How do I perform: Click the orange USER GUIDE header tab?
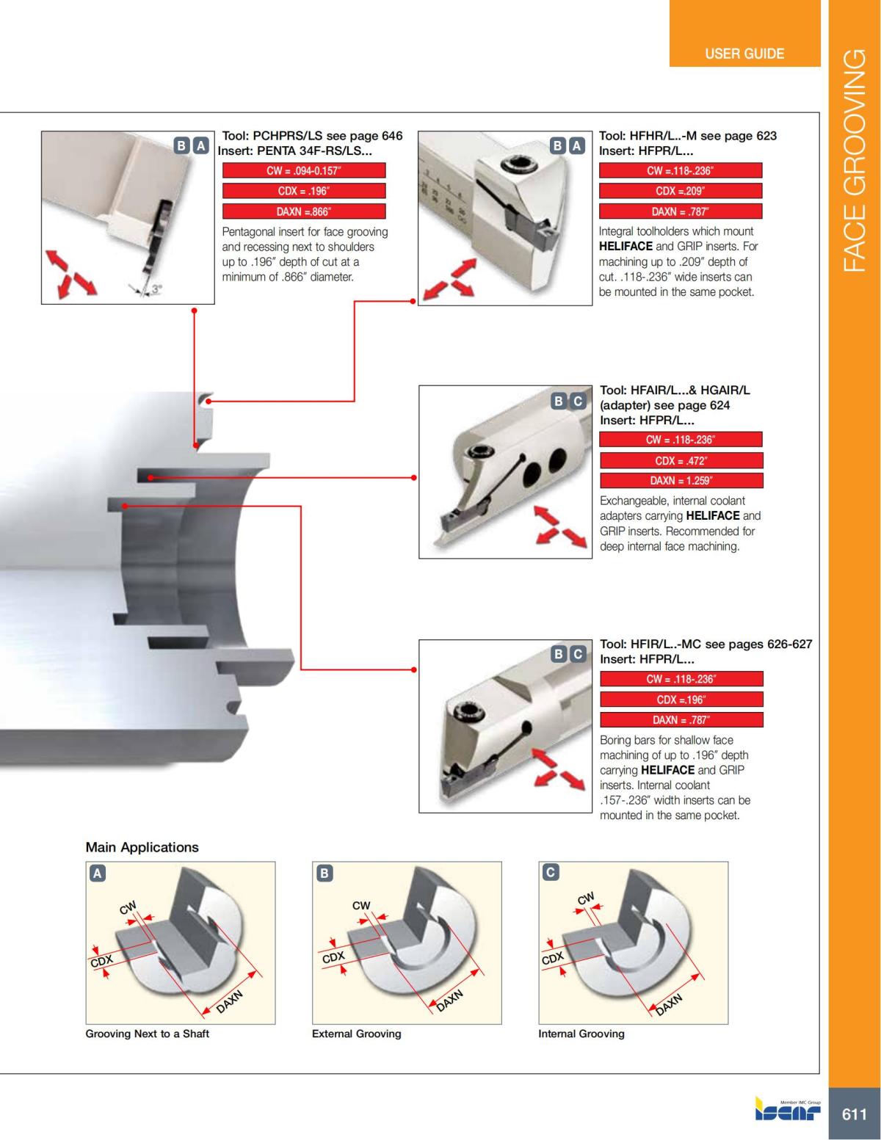tap(744, 54)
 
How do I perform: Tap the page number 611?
tap(854, 1114)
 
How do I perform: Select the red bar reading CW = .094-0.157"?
tap(303, 170)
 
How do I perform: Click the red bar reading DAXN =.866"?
tap(303, 211)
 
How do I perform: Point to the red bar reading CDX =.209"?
tap(680, 191)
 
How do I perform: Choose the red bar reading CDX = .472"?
tap(681, 460)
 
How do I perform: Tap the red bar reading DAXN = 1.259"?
tap(681, 481)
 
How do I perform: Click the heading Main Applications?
tap(142, 847)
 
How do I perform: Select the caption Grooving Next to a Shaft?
tap(147, 1034)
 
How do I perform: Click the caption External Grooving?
tap(356, 1034)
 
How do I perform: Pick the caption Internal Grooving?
tap(581, 1034)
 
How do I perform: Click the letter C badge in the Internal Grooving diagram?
tap(550, 872)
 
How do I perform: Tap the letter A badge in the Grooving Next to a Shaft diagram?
tap(97, 873)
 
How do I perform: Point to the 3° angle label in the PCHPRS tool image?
tap(156, 290)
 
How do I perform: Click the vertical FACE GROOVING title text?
tap(854, 161)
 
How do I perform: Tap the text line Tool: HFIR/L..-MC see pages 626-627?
tap(706, 644)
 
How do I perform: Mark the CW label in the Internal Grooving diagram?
tap(585, 898)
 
